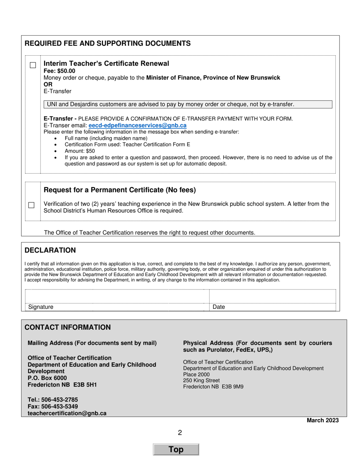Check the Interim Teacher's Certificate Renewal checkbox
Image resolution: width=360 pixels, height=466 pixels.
click(x=33, y=65)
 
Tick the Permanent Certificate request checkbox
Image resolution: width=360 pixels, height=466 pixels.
click(x=31, y=205)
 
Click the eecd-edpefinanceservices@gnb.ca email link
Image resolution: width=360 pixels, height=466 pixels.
click(x=137, y=125)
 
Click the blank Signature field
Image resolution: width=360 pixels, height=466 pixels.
click(x=117, y=297)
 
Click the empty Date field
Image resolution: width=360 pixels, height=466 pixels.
click(x=272, y=297)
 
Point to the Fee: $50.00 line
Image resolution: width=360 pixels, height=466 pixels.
click(x=59, y=71)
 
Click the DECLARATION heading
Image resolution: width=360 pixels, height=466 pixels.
click(x=50, y=250)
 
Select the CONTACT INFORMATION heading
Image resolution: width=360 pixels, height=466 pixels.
click(x=67, y=327)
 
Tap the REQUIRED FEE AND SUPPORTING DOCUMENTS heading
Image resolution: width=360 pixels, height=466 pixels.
click(x=108, y=44)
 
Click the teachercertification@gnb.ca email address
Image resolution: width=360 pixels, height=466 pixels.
click(x=67, y=413)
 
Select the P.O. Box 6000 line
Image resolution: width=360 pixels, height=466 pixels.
click(x=47, y=378)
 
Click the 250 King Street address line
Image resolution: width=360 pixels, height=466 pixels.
click(x=201, y=380)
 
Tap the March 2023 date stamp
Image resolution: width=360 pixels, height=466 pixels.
click(x=322, y=420)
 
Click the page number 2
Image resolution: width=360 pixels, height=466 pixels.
click(x=180, y=433)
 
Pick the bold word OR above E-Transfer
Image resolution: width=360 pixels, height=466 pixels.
click(x=48, y=84)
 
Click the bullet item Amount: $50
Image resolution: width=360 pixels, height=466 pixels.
click(x=80, y=151)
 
